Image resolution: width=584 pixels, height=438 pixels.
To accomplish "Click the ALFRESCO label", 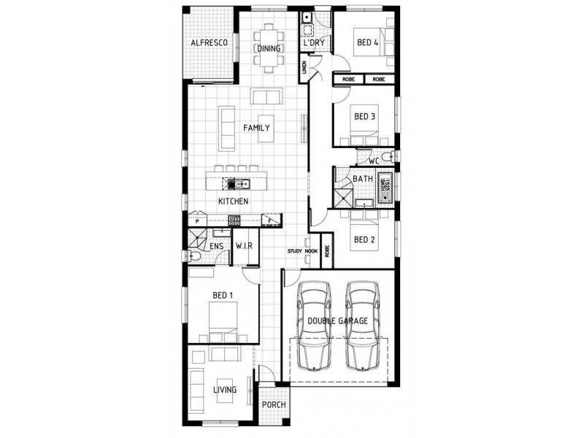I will pos(210,43).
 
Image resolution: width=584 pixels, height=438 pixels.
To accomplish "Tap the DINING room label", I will pos(268,49).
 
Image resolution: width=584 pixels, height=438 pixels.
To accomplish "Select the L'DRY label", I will pos(314,44).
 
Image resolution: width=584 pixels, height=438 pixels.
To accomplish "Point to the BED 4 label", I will pos(367,43).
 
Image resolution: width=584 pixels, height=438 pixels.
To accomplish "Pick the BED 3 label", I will pos(364,116).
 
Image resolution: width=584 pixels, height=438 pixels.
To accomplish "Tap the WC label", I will pos(373,161).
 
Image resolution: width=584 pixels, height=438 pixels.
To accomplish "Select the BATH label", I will pos(363,178).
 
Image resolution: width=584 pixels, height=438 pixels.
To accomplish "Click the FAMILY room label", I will pos(256,128).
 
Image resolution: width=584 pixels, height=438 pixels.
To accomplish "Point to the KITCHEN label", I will pos(234,201).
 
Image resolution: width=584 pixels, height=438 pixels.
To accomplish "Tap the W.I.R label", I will pos(244,247).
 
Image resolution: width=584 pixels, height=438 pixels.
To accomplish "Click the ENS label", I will pos(216,247).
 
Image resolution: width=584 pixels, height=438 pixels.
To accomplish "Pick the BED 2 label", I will pos(364,239).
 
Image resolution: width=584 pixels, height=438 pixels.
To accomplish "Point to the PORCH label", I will pos(274,405).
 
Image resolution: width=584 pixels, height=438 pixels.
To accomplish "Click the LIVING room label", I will pos(225,390).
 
